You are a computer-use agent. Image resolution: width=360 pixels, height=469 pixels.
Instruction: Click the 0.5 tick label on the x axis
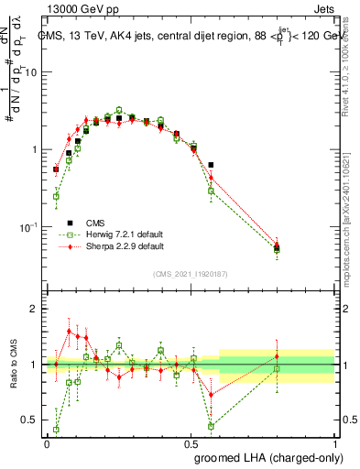[191, 442]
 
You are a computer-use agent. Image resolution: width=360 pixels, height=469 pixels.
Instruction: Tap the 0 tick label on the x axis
[47, 442]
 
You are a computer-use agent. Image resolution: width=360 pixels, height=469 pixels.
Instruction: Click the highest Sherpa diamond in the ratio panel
[69, 332]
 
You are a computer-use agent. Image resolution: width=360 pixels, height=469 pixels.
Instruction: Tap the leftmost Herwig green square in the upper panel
[56, 196]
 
